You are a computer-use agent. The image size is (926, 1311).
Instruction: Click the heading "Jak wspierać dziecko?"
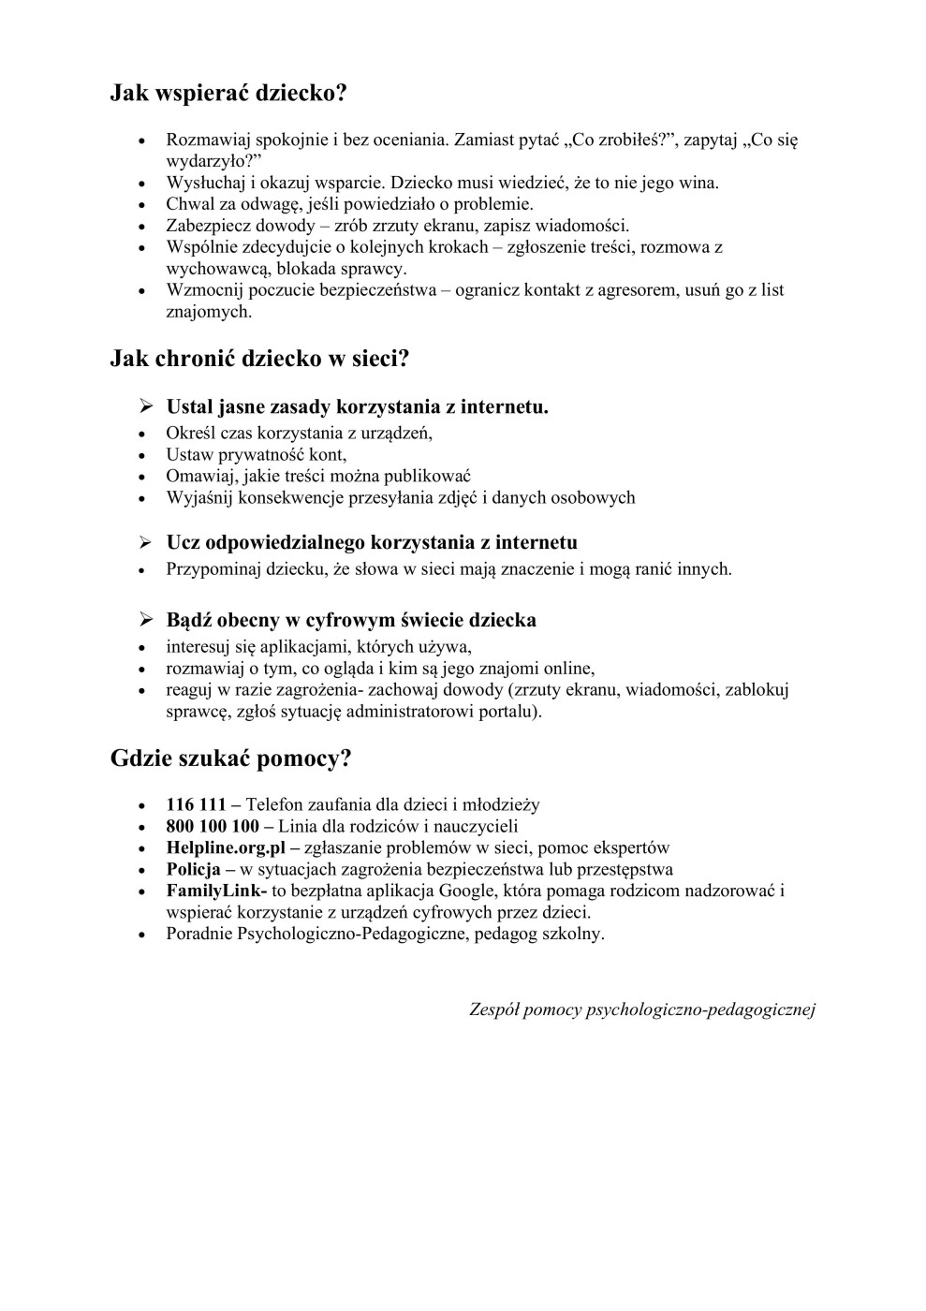[228, 93]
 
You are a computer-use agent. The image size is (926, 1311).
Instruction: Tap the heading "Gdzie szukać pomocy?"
[230, 759]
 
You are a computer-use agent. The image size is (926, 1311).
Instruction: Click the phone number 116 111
[196, 804]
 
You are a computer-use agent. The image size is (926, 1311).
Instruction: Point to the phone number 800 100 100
[213, 826]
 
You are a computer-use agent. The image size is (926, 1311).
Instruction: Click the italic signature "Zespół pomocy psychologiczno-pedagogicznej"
[641, 1009]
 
